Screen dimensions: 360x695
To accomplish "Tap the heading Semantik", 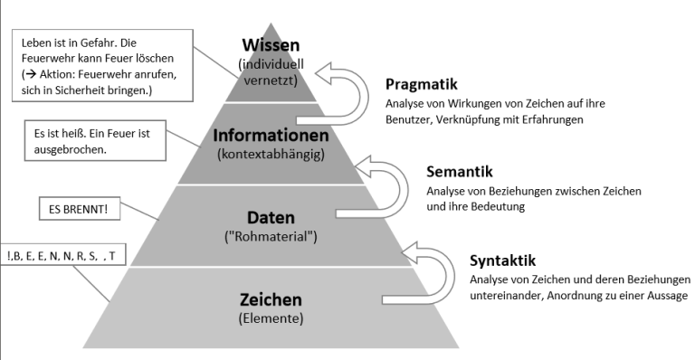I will tap(455, 172).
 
